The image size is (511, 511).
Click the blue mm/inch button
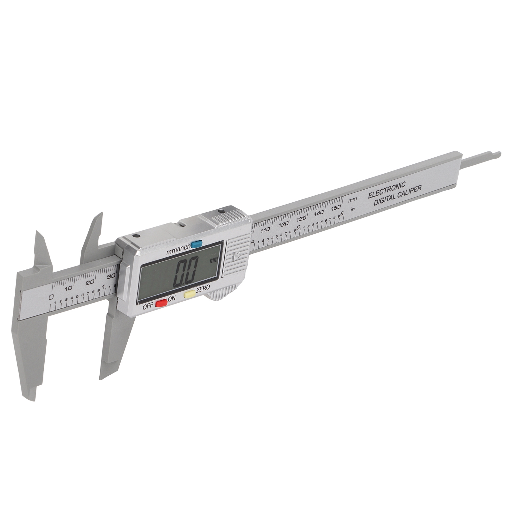pos(197,244)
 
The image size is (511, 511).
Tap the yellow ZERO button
pos(190,294)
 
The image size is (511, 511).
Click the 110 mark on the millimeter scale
pos(265,230)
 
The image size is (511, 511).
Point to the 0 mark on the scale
pos(51,297)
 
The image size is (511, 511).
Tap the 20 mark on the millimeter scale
pos(90,282)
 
